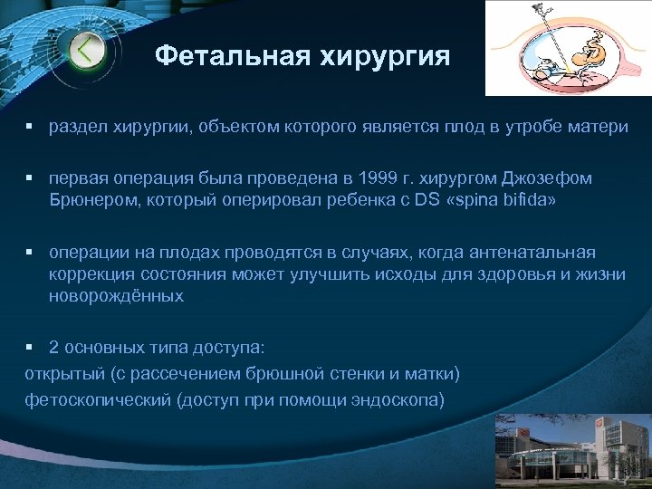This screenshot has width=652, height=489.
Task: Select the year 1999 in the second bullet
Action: pyautogui.click(x=374, y=177)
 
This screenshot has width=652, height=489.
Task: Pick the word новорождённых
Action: pyautogui.click(x=116, y=295)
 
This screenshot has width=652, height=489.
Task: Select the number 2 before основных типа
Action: pyautogui.click(x=54, y=347)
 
